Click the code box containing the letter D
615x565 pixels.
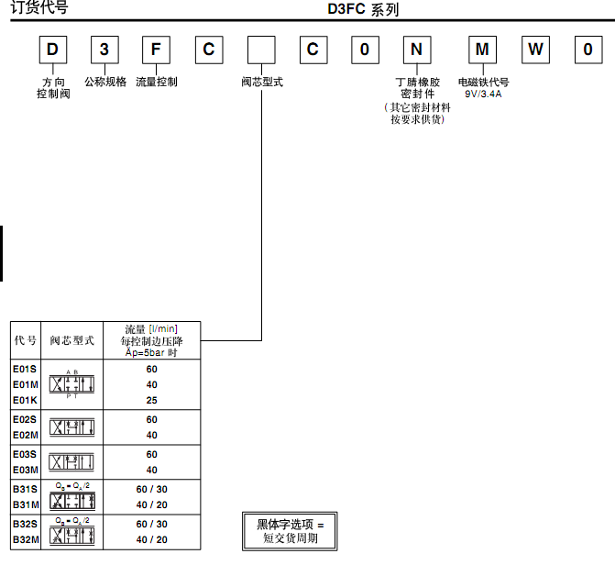coord(54,50)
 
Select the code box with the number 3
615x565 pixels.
coord(105,50)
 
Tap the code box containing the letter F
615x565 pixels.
coord(157,50)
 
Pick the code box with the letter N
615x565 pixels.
coord(417,50)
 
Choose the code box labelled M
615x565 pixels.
coord(483,50)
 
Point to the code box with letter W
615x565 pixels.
coord(535,50)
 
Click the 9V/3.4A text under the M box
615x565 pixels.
coord(483,94)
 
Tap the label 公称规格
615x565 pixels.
coord(105,82)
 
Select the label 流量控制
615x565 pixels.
coord(157,82)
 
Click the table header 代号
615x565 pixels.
coord(26,339)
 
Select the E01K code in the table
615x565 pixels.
coord(26,400)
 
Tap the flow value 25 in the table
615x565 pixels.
coord(151,400)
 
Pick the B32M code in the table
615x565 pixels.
coord(26,539)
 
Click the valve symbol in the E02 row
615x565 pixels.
coord(77,427)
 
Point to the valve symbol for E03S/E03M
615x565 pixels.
coord(77,461)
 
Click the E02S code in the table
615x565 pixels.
coord(26,419)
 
